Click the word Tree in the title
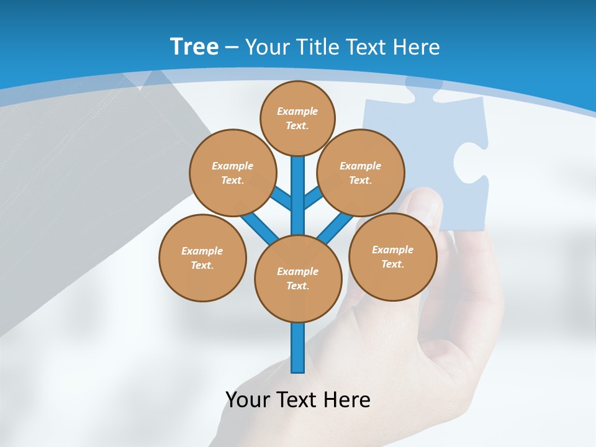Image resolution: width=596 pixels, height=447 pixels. pos(194,47)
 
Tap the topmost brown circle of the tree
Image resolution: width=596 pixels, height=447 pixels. pos(297,118)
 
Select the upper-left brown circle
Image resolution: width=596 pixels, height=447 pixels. pos(232,173)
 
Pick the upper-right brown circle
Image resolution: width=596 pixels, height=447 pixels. pos(360,173)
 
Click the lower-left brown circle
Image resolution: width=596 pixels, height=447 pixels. pos(202,258)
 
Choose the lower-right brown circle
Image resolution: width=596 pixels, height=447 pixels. pos(392,256)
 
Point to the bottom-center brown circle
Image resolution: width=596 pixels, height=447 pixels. pos(298,278)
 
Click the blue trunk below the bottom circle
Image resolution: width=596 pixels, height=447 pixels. pos(298,348)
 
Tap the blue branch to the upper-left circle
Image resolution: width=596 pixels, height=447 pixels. pos(281,197)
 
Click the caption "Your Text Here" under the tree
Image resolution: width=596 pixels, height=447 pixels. pos(297,399)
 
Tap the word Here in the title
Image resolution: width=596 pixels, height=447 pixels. pos(417,47)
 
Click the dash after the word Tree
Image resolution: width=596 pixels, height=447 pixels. pos(232,47)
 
